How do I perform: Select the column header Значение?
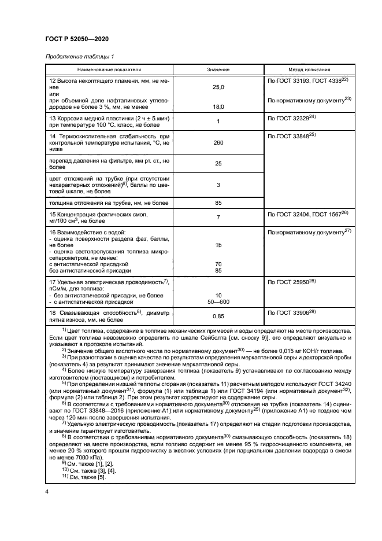[218, 69]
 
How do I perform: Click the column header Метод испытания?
[309, 69]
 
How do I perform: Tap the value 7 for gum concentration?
[218, 217]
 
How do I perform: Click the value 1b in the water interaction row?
[218, 245]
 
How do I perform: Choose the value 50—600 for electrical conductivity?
[218, 302]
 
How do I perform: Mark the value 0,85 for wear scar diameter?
[218, 316]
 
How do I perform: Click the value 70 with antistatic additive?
[218, 264]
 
